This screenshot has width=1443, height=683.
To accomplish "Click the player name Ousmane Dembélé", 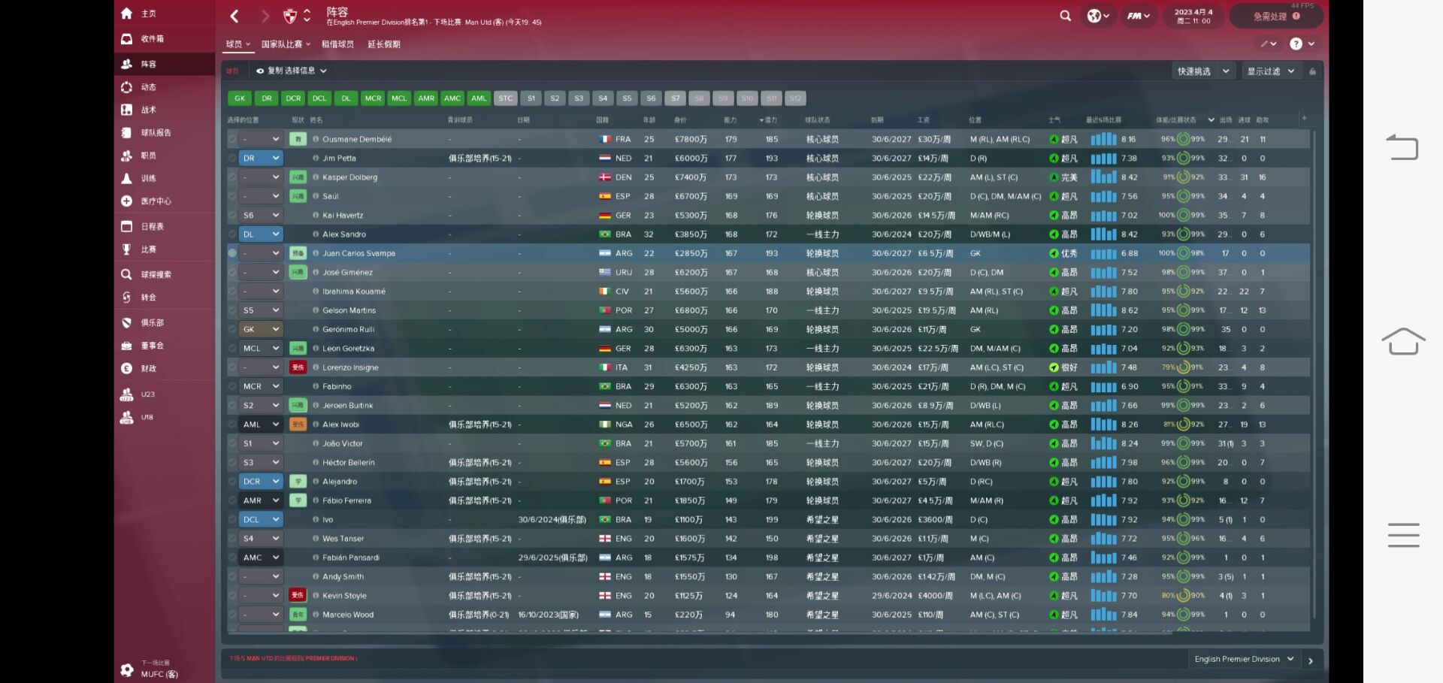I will coord(357,140).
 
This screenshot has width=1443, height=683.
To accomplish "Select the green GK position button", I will coord(240,98).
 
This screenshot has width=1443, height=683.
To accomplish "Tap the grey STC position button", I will coord(506,98).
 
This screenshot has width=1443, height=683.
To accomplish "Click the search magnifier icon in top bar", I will coord(1065,16).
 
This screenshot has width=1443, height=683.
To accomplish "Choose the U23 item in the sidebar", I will coord(147,394).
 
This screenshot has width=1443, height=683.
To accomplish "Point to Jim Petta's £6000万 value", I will coord(690,159).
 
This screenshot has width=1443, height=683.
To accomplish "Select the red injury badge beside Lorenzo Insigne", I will coord(298,367).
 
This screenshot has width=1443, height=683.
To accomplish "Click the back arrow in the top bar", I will coord(234,16).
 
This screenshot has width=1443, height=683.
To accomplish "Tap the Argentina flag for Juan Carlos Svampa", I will coord(605,254).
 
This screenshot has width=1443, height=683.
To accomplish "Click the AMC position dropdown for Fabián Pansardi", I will coord(261,558).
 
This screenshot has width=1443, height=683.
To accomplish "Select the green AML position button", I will coord(479,98).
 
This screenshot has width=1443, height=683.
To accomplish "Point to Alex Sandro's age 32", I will coord(649,234).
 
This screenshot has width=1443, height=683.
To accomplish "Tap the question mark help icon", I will coord(1296,44).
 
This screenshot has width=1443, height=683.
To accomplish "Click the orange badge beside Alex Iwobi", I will coord(298,425).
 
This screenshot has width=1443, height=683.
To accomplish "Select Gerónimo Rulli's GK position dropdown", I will coord(261,330).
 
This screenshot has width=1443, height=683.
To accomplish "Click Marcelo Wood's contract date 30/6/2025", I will coord(891,615).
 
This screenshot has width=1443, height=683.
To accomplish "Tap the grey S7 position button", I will coord(676,98).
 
